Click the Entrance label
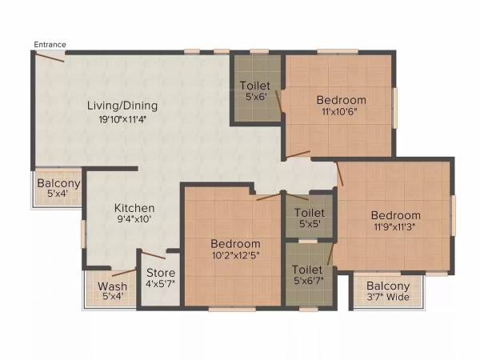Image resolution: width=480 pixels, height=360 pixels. coord(50,45)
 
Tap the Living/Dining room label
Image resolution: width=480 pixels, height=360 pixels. coord(122,105)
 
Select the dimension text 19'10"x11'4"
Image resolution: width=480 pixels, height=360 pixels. coord(122,119)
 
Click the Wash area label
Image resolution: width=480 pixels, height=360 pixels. coord(112,286)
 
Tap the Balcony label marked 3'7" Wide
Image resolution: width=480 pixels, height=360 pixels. coord(388,286)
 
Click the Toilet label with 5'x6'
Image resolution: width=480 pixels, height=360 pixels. coord(255,86)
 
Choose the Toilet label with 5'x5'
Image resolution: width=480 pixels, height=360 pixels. coord(309,213)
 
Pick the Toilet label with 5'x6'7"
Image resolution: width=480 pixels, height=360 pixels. coord(307,270)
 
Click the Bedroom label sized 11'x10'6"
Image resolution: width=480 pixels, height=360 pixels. coord(342,100)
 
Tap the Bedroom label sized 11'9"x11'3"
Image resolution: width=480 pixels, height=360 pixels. coord(396,215)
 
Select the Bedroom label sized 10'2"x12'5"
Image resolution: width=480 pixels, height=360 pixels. coord(235,243)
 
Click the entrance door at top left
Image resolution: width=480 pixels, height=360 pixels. coord(49,57)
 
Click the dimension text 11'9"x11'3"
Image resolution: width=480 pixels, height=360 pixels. coord(396,227)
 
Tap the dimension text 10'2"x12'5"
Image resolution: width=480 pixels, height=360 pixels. coord(235,256)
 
